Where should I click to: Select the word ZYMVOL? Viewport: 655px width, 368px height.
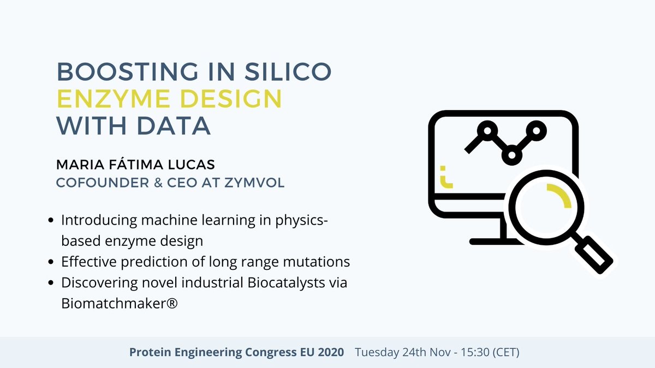click(x=255, y=182)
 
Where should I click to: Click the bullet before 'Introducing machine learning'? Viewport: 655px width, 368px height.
click(x=51, y=221)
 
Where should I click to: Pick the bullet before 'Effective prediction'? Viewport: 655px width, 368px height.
click(x=51, y=262)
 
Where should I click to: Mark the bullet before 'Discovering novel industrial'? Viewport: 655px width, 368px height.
click(x=51, y=283)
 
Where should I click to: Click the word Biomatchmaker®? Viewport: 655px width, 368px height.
click(x=120, y=304)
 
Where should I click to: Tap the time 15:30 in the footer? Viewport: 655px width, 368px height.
click(x=474, y=352)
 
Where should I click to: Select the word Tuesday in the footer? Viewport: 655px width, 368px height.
click(x=377, y=352)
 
